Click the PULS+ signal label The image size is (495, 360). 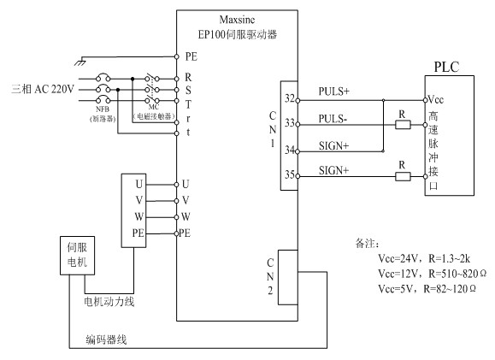[x=334, y=91]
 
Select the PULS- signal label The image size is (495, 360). [x=333, y=115]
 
